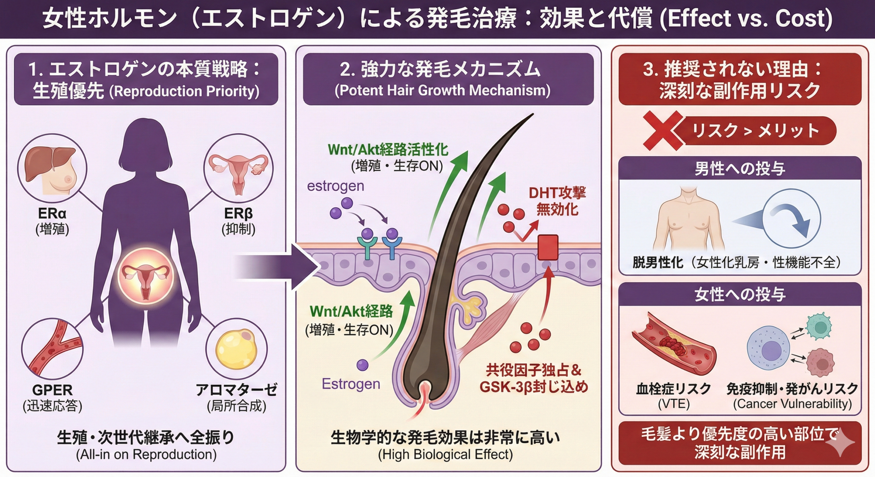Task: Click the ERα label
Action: pyautogui.click(x=52, y=214)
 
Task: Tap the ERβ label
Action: pyautogui.click(x=238, y=214)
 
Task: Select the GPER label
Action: pyautogui.click(x=52, y=390)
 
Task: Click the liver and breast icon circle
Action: pyautogui.click(x=52, y=168)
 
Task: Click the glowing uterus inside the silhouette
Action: pyautogui.click(x=146, y=276)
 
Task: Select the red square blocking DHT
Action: pyautogui.click(x=548, y=247)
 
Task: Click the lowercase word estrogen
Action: pyautogui.click(x=335, y=186)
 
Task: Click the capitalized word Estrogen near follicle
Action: pyautogui.click(x=351, y=384)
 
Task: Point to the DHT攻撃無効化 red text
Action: pyautogui.click(x=557, y=201)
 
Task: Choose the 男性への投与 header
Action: pyautogui.click(x=740, y=168)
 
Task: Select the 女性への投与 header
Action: pyautogui.click(x=740, y=295)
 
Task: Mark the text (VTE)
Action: pyautogui.click(x=674, y=404)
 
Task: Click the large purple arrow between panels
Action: pyautogui.click(x=277, y=267)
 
